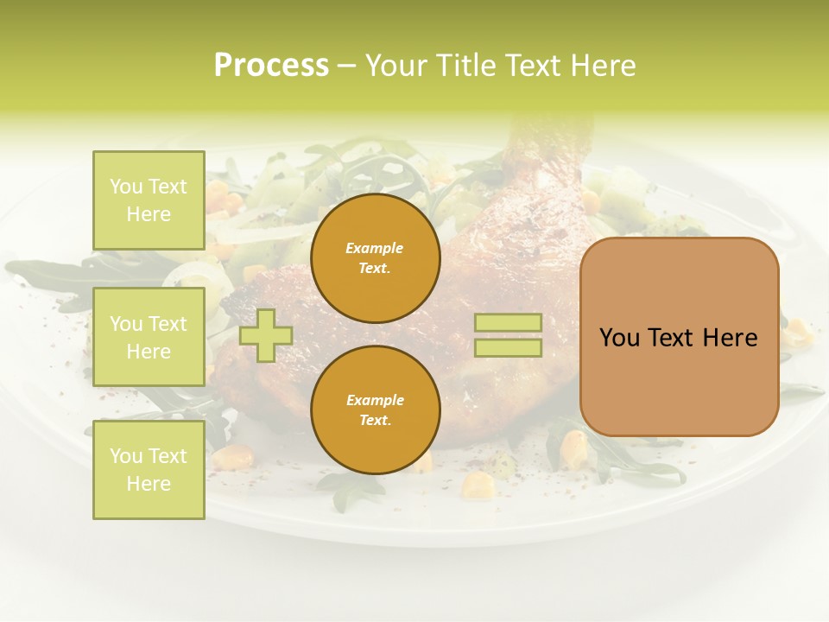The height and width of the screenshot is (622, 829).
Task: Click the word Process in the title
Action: (x=271, y=66)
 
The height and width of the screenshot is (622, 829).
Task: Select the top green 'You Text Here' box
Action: (x=149, y=200)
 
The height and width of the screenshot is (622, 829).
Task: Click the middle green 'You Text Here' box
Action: (x=149, y=337)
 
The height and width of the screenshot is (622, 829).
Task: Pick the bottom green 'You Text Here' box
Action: (x=149, y=469)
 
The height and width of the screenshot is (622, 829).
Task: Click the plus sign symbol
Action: (x=266, y=335)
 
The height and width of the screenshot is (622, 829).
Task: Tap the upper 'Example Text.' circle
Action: (x=375, y=258)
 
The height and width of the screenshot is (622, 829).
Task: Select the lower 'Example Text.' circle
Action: (x=375, y=410)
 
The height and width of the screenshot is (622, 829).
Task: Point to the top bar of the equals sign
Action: (x=508, y=323)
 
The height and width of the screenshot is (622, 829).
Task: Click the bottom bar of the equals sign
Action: (x=508, y=348)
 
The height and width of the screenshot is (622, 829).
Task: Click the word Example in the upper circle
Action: (x=375, y=248)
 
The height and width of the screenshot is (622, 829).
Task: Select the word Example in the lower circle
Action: (x=375, y=400)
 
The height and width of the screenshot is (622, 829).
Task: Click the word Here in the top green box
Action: (x=149, y=214)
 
